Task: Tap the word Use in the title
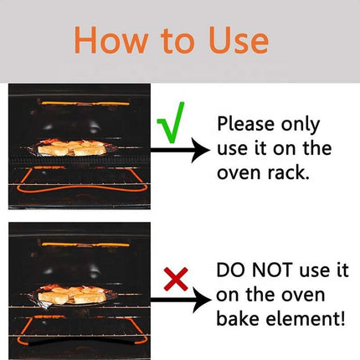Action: coord(234,39)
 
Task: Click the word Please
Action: coord(246,125)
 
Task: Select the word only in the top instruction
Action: coord(303,125)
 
